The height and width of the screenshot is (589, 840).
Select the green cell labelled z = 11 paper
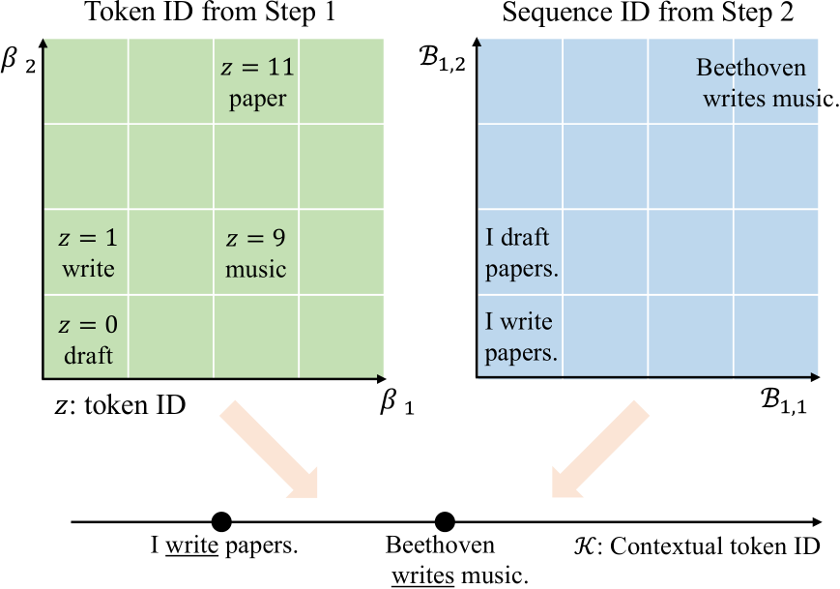[257, 82]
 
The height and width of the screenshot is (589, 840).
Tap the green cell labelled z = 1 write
[86, 252]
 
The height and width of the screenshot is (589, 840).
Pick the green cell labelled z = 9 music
[256, 252]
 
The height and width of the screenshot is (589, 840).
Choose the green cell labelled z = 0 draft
[86, 339]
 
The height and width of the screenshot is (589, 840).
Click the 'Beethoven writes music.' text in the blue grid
[764, 83]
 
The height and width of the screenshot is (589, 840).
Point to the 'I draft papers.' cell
[521, 252]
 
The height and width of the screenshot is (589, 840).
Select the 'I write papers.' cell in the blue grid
[521, 338]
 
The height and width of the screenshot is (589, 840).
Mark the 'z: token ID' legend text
[120, 407]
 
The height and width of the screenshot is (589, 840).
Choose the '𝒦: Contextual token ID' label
[696, 546]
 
